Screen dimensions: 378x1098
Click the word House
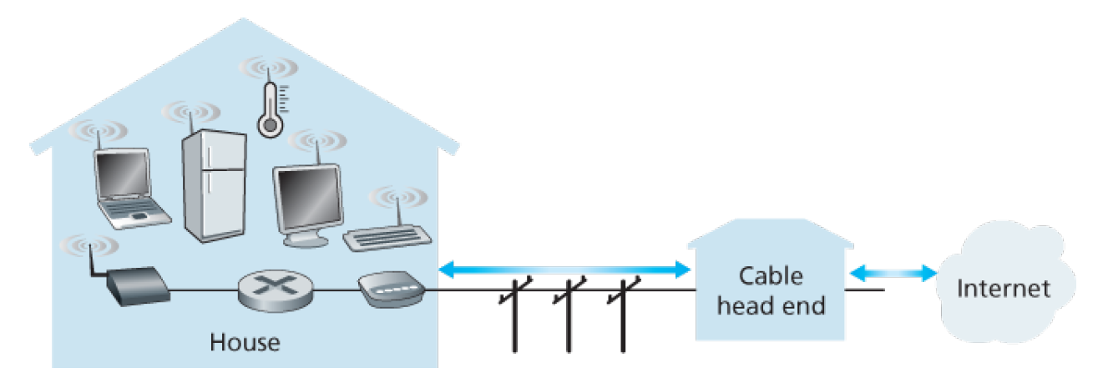coord(245,342)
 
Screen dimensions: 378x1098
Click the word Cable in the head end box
coord(770,276)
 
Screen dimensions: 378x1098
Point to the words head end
coord(771,305)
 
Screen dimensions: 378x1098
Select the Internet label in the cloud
coord(1003,290)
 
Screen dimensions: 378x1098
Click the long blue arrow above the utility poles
coord(564,270)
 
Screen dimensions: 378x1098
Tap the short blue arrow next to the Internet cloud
coord(892,271)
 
